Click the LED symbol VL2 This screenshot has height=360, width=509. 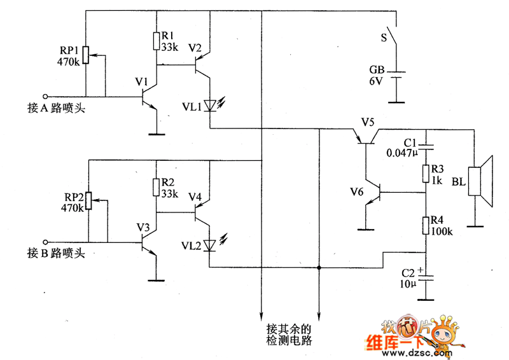coord(210,246)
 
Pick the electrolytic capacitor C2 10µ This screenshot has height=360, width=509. coord(426,276)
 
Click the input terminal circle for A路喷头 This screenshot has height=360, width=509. coord(45,97)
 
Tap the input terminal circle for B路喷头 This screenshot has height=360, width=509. coord(45,242)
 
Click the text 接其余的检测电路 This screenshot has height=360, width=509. coord(290,335)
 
